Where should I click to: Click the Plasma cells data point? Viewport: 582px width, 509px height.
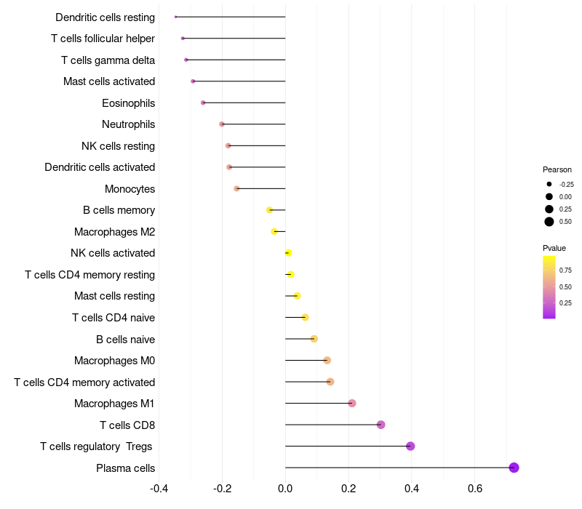click(514, 468)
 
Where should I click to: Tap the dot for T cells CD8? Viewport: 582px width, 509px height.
click(380, 425)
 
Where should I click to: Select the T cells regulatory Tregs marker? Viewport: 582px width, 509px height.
click(410, 446)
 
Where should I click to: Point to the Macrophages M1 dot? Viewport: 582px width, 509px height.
click(352, 404)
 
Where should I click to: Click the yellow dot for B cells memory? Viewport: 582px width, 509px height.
click(269, 210)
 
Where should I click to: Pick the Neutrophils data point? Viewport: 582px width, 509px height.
click(222, 124)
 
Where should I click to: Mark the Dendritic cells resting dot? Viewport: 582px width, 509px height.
click(176, 17)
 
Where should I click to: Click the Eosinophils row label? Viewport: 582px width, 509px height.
click(128, 103)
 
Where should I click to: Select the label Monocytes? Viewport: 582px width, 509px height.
click(129, 189)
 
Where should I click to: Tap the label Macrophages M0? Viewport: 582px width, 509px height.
click(114, 361)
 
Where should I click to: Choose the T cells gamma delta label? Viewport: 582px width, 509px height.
click(108, 60)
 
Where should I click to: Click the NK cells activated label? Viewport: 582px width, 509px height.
click(113, 253)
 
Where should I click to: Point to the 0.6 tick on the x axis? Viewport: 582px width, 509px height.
click(474, 488)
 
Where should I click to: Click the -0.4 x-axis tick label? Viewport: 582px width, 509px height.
click(159, 488)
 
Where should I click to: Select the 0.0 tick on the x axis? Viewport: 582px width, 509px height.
click(285, 488)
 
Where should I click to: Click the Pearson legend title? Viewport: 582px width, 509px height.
click(557, 169)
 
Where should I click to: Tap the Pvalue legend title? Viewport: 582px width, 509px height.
click(554, 248)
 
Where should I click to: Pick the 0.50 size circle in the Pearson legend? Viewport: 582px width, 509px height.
click(549, 222)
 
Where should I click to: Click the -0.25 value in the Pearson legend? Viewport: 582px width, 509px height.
click(566, 185)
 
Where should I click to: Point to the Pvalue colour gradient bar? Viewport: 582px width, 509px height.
click(549, 286)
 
